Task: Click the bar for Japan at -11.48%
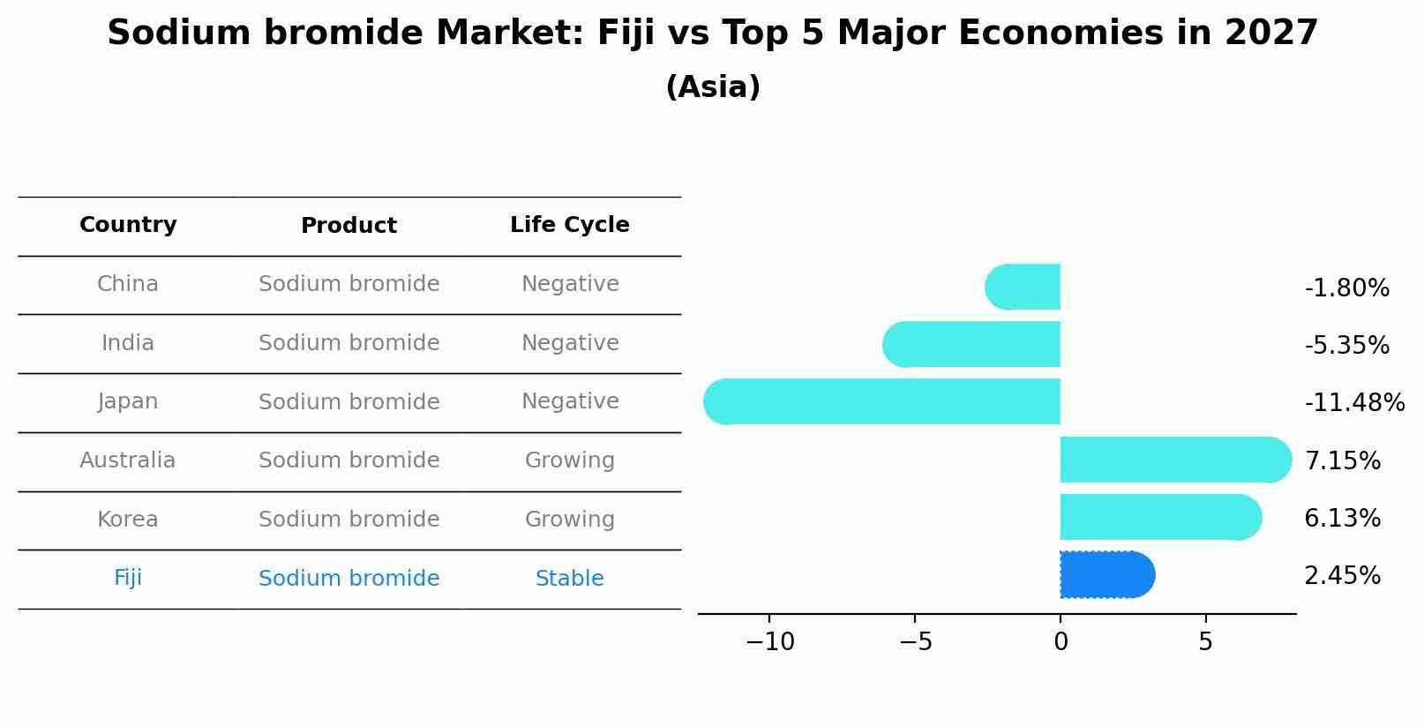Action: point(882,401)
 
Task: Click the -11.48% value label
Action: point(1353,403)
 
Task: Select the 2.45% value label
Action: point(1342,576)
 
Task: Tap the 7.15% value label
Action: point(1342,460)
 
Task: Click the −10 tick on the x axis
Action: point(769,642)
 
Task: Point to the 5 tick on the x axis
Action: point(1205,642)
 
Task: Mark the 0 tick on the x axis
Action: point(1061,642)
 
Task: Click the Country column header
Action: point(128,225)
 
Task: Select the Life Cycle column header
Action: point(569,225)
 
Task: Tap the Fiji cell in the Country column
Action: point(128,578)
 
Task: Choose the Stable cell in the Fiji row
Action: point(569,579)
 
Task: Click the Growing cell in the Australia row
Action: point(569,460)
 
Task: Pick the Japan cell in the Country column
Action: point(128,401)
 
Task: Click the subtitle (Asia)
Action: point(713,87)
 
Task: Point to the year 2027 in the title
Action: point(1270,34)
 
